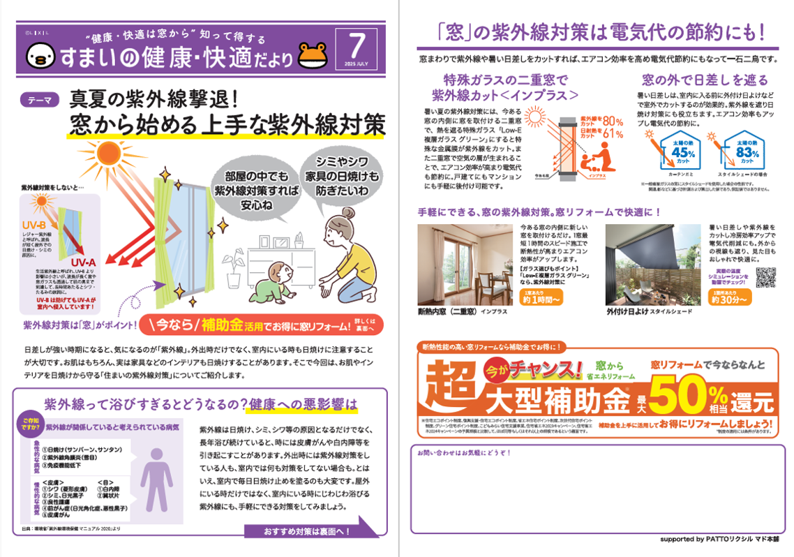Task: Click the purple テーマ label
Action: tap(40, 100)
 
